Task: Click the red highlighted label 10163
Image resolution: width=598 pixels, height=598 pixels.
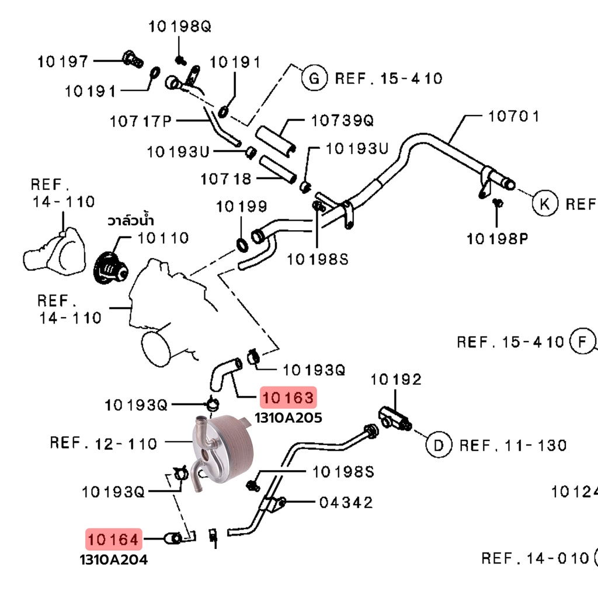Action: tap(288, 397)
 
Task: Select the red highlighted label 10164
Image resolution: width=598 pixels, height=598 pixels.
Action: tap(113, 539)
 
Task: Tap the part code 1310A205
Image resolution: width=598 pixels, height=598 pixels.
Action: tap(288, 418)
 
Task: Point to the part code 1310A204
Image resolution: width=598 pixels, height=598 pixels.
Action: tap(114, 559)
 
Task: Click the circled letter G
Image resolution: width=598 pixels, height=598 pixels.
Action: tap(314, 78)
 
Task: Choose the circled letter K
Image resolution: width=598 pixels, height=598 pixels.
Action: tap(545, 203)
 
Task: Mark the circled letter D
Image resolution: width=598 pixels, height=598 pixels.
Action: tap(439, 444)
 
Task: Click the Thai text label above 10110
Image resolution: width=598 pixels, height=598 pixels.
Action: tap(130, 220)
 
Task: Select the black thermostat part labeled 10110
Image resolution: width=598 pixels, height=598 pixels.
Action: tap(110, 268)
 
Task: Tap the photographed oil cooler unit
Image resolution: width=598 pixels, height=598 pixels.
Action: tap(222, 451)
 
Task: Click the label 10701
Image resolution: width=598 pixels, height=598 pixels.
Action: tap(514, 116)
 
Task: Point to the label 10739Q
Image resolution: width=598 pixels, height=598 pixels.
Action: tap(342, 120)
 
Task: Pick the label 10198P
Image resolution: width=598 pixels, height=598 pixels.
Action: tap(498, 239)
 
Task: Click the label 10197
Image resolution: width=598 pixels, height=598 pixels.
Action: tap(63, 61)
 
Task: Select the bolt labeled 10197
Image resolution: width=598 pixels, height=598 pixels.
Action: tap(133, 59)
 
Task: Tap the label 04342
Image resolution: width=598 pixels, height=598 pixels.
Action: tap(346, 502)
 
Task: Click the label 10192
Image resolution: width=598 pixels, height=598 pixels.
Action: tap(396, 379)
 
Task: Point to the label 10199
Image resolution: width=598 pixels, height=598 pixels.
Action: tap(241, 206)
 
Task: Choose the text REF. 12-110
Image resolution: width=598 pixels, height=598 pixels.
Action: tap(103, 443)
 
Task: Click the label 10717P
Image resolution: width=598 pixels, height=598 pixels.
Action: tap(141, 121)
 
